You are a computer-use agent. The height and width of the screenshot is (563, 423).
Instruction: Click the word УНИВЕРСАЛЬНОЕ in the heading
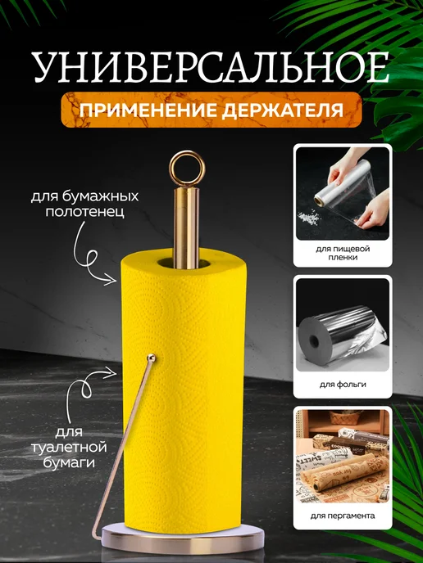coord(211,67)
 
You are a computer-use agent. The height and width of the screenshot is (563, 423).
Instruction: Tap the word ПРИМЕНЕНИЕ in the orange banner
coord(150,108)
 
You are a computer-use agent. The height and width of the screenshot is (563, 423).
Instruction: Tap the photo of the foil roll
coord(343,324)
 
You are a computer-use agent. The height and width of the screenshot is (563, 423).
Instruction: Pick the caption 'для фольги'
coord(343,383)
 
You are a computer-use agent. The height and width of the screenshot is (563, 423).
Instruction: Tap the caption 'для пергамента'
coord(343,516)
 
